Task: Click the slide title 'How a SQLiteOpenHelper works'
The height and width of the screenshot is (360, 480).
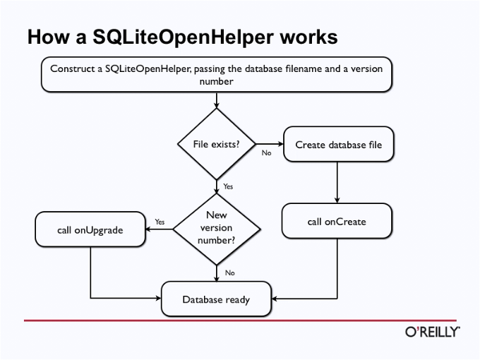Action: pos(182,37)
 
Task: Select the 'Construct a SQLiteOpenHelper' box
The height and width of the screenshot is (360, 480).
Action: pos(216,75)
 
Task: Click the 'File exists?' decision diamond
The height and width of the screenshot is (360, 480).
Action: pos(216,144)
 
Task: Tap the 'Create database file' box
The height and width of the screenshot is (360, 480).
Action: pos(338,145)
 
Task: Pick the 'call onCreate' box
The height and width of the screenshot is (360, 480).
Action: pos(337,221)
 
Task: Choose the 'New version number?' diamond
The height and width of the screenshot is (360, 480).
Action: pos(216,228)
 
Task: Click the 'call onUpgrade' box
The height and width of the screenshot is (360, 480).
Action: pos(90,229)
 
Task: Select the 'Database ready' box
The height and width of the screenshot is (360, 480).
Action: pos(216,299)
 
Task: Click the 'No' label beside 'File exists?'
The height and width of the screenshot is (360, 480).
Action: pos(266,152)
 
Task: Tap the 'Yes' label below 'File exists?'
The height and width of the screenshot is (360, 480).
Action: pos(228,186)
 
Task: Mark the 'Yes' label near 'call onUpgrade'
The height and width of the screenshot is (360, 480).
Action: pos(160,222)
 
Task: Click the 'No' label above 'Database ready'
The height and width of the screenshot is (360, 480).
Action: pos(229,272)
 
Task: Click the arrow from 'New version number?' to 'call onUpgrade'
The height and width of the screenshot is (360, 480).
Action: pos(160,229)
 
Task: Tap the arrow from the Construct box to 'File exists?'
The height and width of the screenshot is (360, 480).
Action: pos(216,100)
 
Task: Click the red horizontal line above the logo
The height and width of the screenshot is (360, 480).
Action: pos(240,320)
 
